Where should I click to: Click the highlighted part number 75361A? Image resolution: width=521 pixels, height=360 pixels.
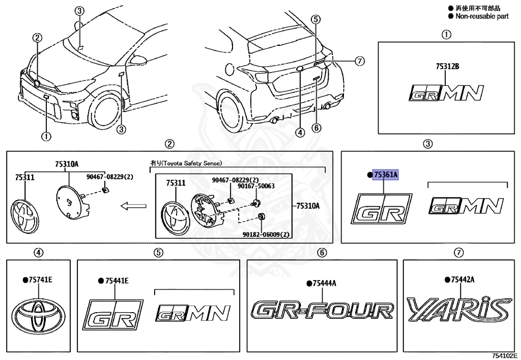(x=386, y=175)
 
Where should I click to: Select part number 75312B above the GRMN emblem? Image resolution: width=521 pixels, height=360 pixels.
(x=447, y=66)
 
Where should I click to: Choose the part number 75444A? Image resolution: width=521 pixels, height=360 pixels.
(x=323, y=283)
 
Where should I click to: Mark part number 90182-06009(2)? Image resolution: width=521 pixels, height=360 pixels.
(x=264, y=235)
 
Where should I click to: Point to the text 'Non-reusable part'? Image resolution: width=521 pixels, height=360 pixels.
(x=482, y=16)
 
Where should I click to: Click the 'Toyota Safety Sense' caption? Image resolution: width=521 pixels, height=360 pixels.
(x=185, y=163)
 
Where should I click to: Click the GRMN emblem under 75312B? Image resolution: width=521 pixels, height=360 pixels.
(x=447, y=93)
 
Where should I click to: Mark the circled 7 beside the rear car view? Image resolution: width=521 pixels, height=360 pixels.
(x=359, y=61)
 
